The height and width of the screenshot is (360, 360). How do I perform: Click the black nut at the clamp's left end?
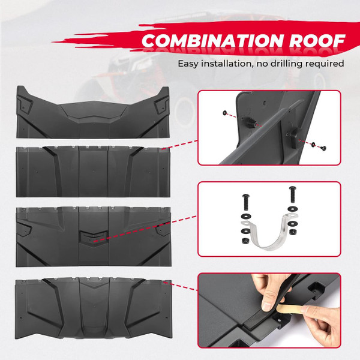pos(246,239)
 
